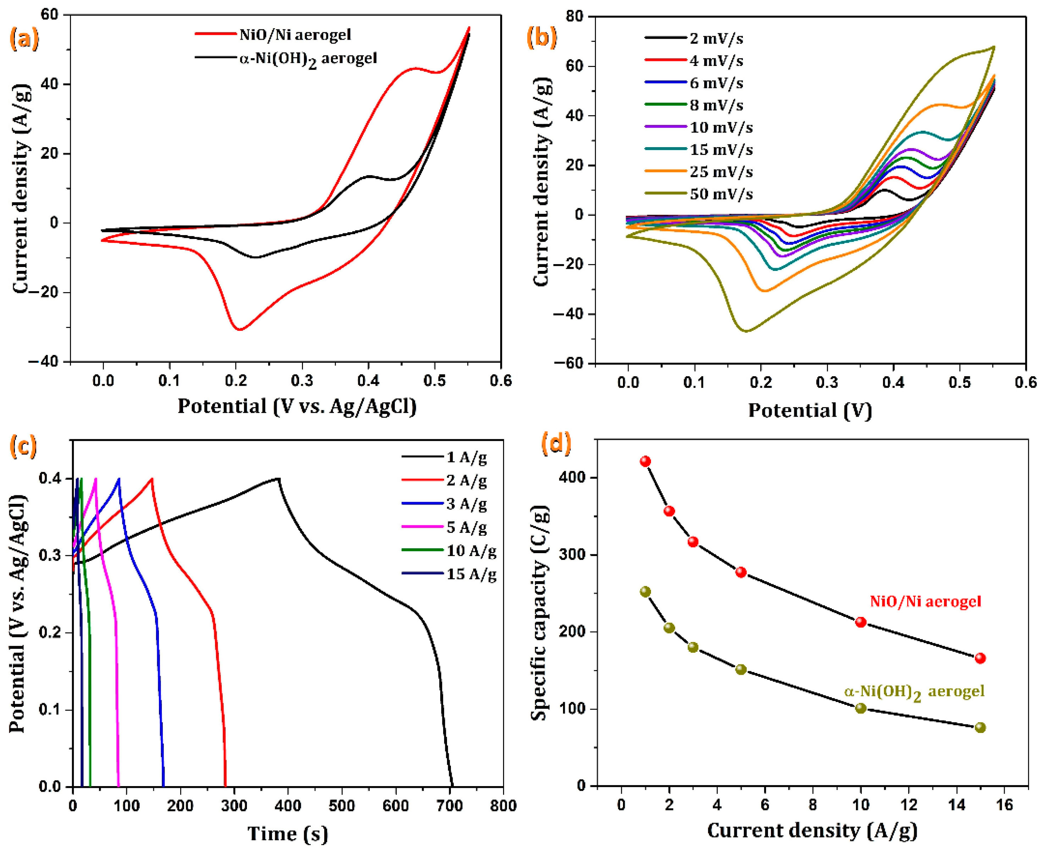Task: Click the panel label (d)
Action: point(556,444)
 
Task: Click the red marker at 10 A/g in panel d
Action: point(861,622)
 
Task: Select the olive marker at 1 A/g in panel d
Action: point(645,592)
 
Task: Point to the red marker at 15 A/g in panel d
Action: point(980,658)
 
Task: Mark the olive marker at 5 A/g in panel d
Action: point(741,669)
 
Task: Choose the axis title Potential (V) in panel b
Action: point(810,410)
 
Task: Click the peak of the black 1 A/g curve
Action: point(278,478)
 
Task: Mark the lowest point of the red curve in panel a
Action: point(239,329)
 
